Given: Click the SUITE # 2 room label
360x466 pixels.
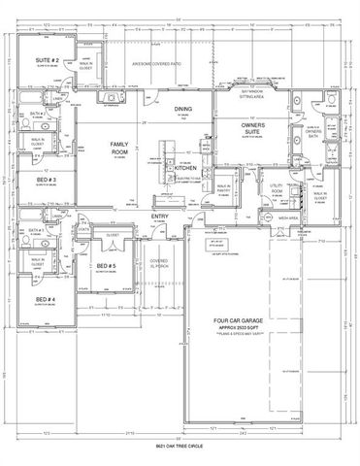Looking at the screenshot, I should point(49,61).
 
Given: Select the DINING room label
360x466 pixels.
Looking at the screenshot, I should point(184,109).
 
